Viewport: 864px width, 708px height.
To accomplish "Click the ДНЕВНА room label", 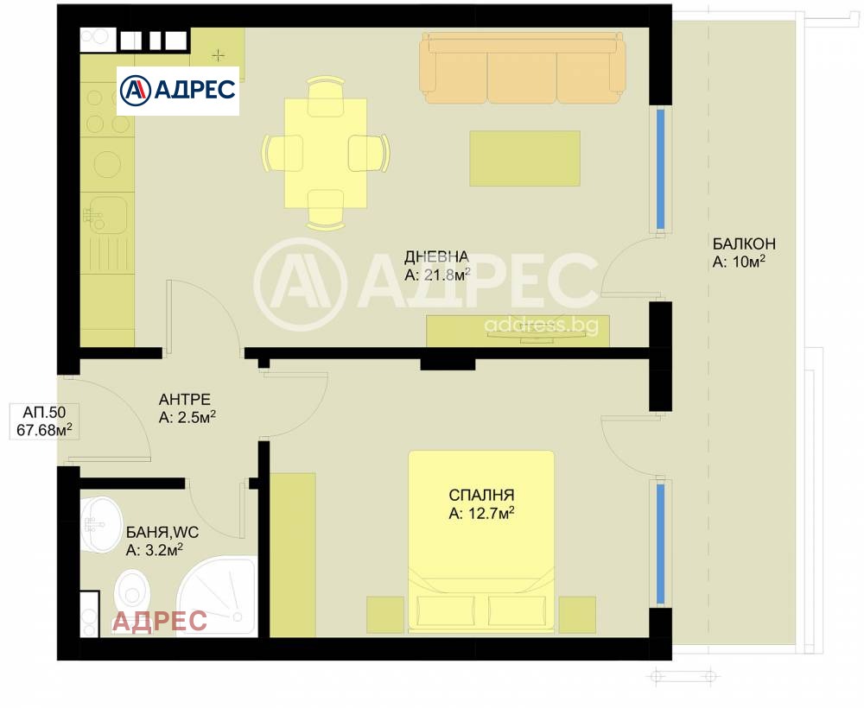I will [x=436, y=256].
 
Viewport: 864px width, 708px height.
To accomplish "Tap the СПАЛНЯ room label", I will [x=481, y=496].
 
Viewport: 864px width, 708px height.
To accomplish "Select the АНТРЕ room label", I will [x=185, y=400].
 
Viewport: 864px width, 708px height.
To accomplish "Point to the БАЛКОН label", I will [x=744, y=243].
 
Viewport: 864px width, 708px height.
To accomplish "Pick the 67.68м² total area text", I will [x=44, y=428].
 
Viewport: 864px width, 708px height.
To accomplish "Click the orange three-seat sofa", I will [x=522, y=68].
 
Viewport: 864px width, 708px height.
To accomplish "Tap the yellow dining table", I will [x=325, y=152].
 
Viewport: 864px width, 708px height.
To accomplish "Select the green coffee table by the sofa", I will [x=524, y=158].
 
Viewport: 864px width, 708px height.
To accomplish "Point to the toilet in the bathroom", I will [x=132, y=593].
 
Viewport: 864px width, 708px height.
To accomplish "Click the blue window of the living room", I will [x=661, y=169].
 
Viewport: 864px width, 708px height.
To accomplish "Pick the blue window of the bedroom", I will [x=661, y=543].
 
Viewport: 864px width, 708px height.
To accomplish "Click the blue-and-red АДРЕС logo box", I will [x=177, y=91].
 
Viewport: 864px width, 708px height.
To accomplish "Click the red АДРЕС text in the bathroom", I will [x=160, y=621].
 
